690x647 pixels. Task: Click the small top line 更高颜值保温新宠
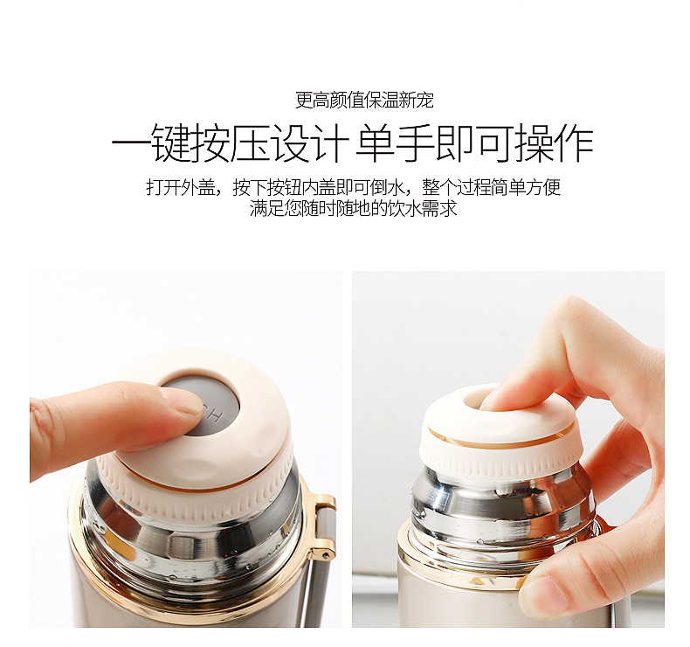[x=364, y=101]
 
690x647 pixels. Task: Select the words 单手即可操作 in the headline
[x=474, y=143]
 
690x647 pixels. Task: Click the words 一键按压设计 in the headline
[x=231, y=143]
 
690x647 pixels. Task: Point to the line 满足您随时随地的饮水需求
[x=354, y=208]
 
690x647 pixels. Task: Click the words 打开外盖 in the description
[x=181, y=187]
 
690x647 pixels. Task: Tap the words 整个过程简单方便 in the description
[x=491, y=187]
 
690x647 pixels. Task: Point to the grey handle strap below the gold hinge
[x=320, y=590]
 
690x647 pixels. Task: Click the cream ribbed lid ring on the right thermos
[x=496, y=458]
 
